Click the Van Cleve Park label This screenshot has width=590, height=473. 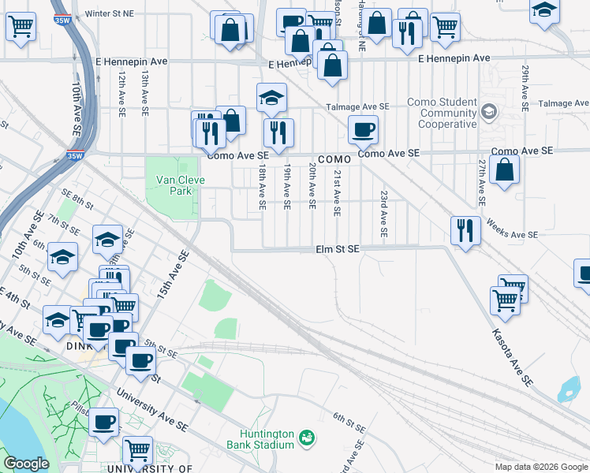pyautogui.click(x=174, y=185)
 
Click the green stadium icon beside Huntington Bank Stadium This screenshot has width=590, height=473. pyautogui.click(x=309, y=437)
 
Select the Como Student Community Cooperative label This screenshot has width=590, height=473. pyautogui.click(x=442, y=114)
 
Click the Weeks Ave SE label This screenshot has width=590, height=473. pyautogui.click(x=512, y=229)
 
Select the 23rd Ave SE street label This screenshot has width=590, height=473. pyautogui.click(x=383, y=214)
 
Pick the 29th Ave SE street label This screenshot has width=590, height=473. pyautogui.click(x=525, y=88)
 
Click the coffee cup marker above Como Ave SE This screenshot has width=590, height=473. pyautogui.click(x=363, y=129)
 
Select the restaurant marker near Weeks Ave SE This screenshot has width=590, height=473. pyautogui.click(x=465, y=230)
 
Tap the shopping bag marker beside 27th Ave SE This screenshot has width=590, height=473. pyautogui.click(x=504, y=169)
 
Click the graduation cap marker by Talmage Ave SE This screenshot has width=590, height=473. pyautogui.click(x=271, y=98)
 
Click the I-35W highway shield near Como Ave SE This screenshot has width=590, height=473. pyautogui.click(x=75, y=155)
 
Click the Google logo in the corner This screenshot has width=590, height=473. pyautogui.click(x=25, y=464)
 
